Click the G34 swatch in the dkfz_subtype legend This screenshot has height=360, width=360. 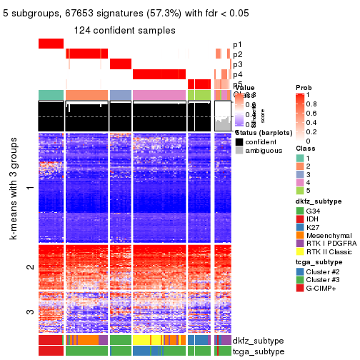tap(299, 212)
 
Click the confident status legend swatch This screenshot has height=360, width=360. tap(239, 141)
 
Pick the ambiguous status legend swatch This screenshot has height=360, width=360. tap(239, 151)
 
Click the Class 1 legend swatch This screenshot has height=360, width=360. tap(299, 152)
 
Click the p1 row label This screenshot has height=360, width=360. tap(237, 44)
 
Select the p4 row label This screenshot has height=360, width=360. tap(237, 74)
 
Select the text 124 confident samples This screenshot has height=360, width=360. tap(125, 30)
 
